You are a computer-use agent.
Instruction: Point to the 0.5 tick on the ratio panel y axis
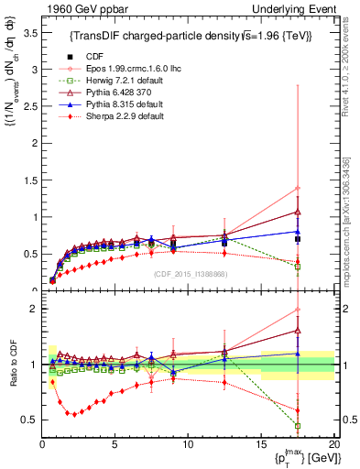pos(29,420)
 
